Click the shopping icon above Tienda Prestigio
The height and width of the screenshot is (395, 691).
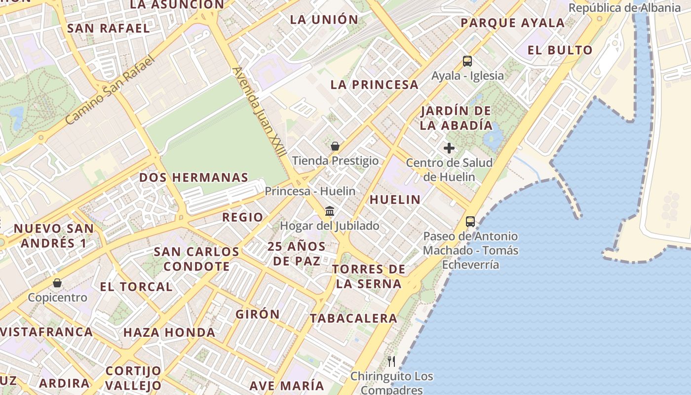pos(335,146)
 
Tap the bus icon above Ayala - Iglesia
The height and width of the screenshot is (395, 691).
pos(467,61)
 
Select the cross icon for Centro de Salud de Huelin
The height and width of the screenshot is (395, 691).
pos(449,148)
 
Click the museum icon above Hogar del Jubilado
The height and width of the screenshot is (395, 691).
pos(330,211)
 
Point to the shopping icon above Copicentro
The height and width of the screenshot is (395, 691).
pos(57,283)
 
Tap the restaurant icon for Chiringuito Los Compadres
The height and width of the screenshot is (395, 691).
pos(391,361)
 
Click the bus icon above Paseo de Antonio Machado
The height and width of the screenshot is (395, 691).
pos(470,222)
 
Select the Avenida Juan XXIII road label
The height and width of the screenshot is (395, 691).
pos(259,112)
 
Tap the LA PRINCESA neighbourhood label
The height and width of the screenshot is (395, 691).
pos(375,84)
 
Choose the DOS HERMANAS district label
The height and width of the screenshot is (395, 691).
pos(193,177)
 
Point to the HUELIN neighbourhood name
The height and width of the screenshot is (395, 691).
pos(395,199)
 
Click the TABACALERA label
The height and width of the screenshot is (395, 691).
pos(353,318)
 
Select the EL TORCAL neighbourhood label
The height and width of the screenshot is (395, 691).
pos(136,287)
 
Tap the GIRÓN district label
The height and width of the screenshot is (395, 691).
pos(258,314)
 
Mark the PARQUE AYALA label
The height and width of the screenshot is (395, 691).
pos(512,23)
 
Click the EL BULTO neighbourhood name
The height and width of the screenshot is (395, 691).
pos(560,50)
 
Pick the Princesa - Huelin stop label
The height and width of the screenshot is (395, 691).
pos(310,191)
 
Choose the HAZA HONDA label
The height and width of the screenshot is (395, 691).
pos(169,332)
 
